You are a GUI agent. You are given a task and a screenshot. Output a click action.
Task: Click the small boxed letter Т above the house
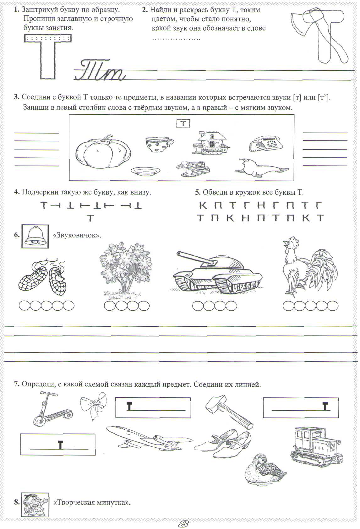pyautogui.click(x=183, y=123)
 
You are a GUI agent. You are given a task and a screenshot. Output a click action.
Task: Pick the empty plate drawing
pyautogui.click(x=145, y=171)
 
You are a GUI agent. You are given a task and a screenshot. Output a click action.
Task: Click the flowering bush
pyautogui.click(x=126, y=269)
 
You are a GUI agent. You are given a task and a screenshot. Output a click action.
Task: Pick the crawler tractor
pyautogui.click(x=315, y=446)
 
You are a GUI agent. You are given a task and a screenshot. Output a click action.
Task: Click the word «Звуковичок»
pyautogui.click(x=77, y=235)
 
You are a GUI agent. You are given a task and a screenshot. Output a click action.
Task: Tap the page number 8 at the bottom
pyautogui.click(x=183, y=523)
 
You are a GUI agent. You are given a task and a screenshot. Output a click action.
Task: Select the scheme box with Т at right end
pyautogui.click(x=301, y=407)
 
